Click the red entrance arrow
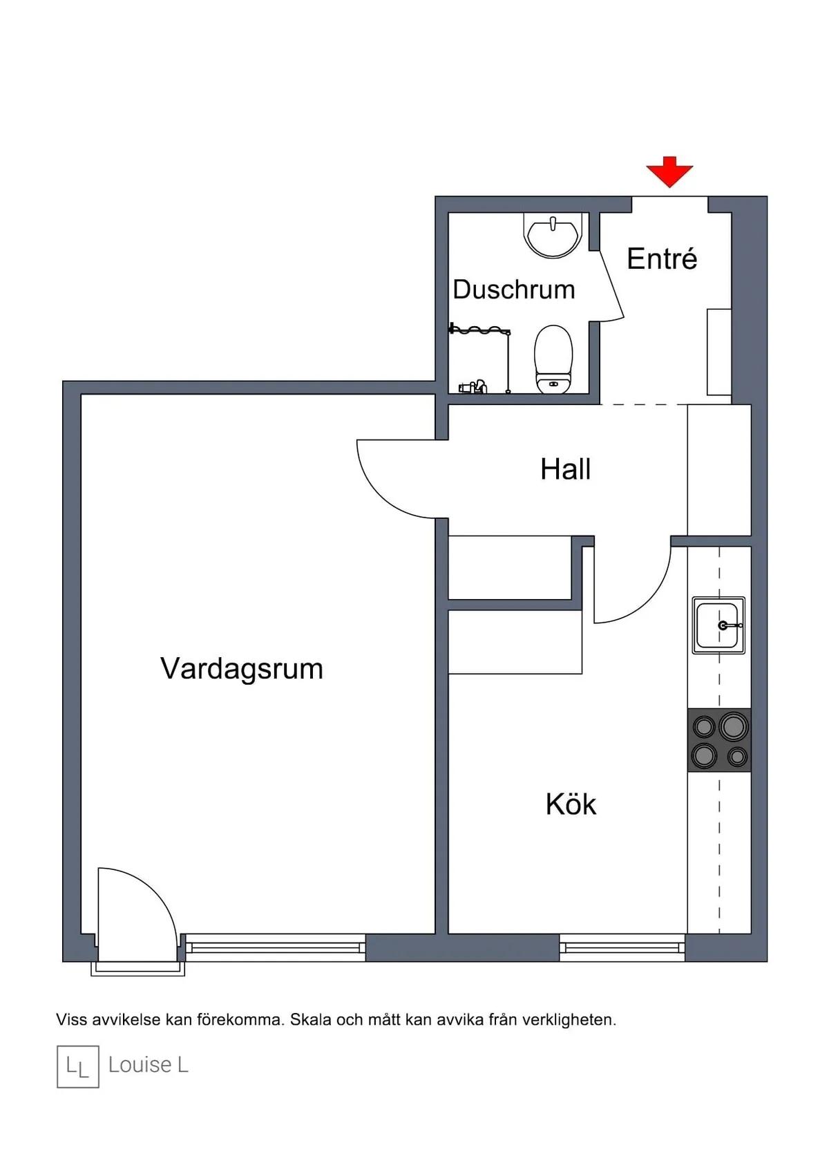[x=669, y=171]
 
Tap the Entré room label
[x=662, y=259]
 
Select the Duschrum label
[x=513, y=290]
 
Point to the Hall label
[x=565, y=469]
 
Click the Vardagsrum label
[x=242, y=669]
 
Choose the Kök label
[x=571, y=804]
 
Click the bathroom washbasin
[x=553, y=235]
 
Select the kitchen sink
[x=718, y=625]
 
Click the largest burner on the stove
[x=733, y=726]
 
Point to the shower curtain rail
[x=479, y=331]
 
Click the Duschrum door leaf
[x=612, y=285]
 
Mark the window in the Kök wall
[x=622, y=947]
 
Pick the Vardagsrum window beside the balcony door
[x=275, y=947]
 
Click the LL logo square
[x=78, y=1066]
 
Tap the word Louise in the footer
[x=140, y=1065]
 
